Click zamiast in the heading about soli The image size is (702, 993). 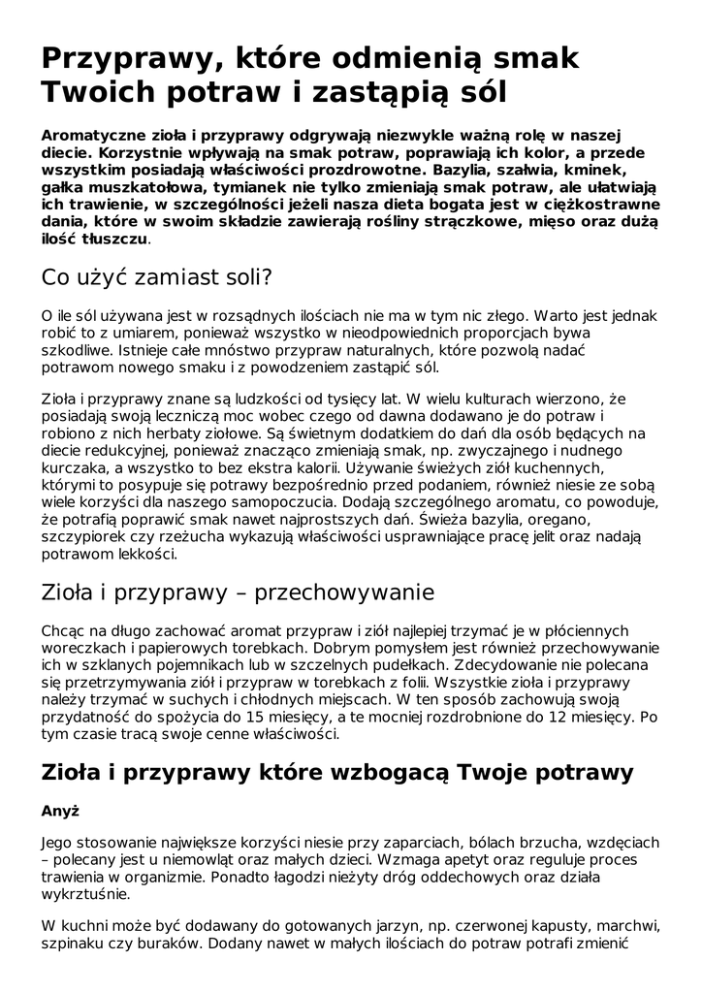[160, 278]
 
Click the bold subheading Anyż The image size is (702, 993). [60, 811]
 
